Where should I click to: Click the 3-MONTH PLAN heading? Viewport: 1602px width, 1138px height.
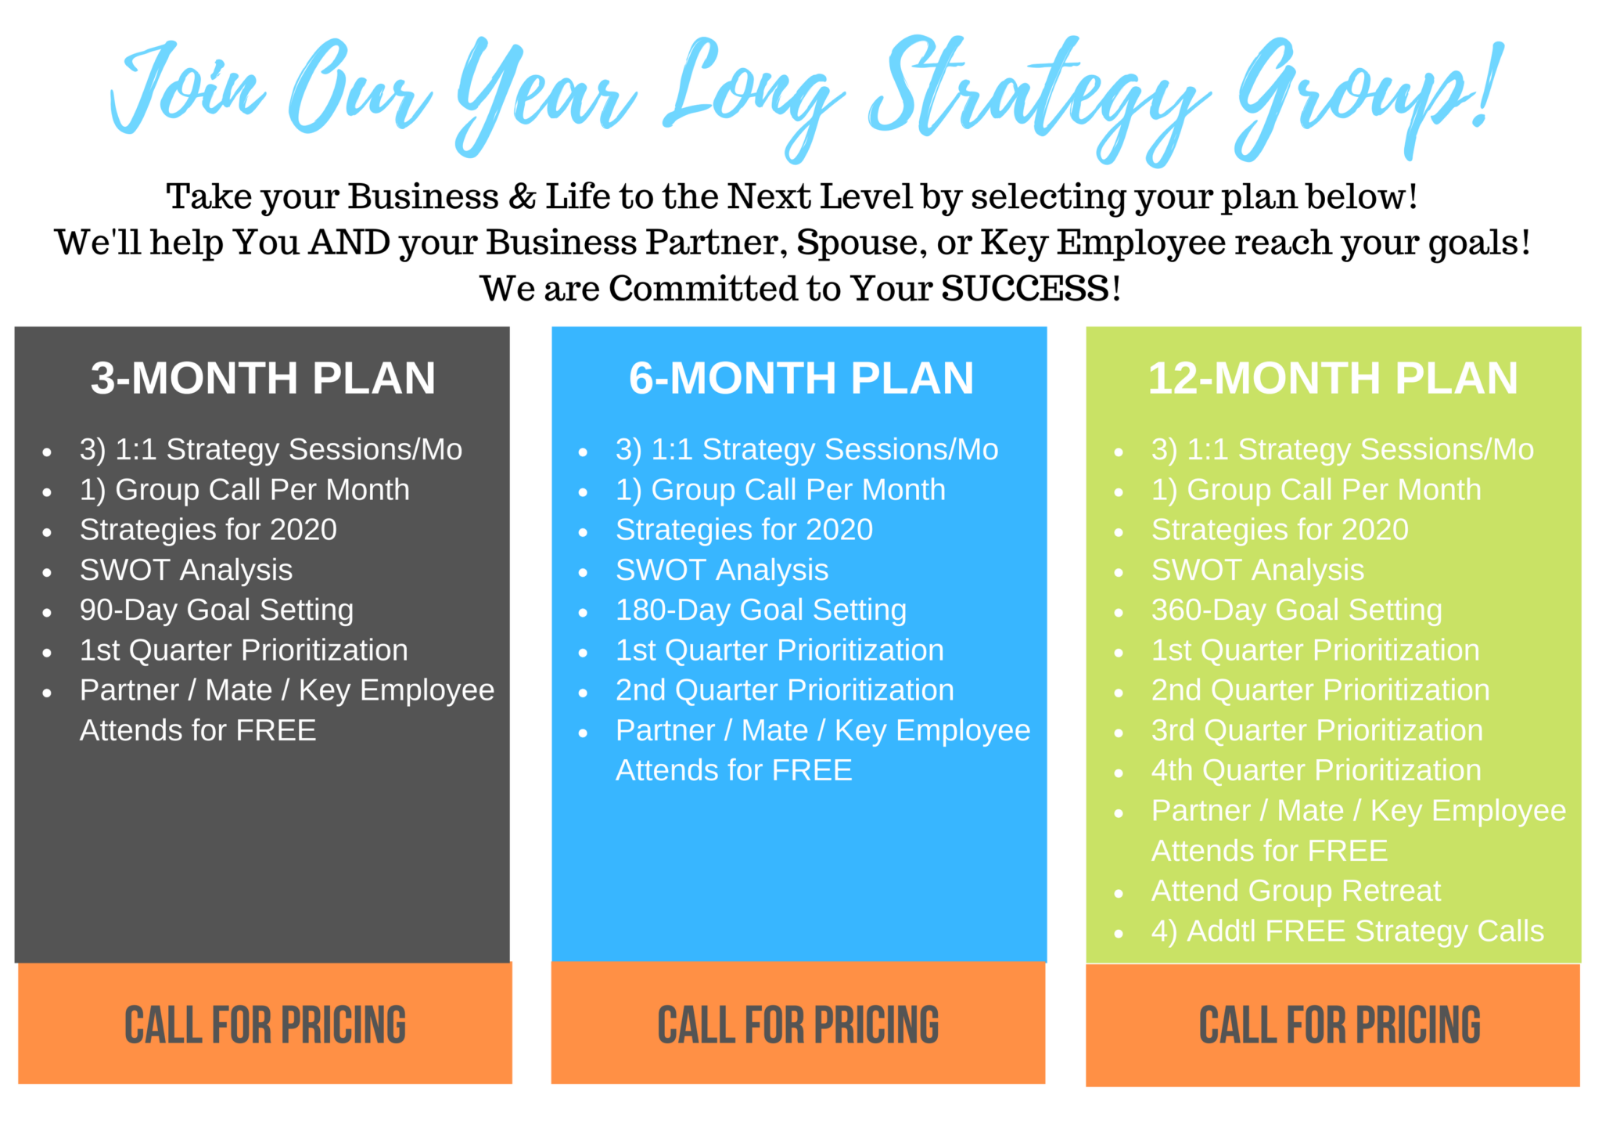coord(263,378)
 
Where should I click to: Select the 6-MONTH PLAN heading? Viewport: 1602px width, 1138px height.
coord(801,378)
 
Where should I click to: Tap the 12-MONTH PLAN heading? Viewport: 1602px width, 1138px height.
coord(1333,378)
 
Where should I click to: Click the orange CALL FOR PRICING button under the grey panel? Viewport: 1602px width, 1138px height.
coord(265,1024)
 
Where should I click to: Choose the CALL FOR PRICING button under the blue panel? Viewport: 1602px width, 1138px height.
coord(798,1024)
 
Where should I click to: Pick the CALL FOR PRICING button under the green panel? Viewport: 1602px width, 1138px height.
coord(1333,1025)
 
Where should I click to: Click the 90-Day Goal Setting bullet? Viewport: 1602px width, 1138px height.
coord(217,610)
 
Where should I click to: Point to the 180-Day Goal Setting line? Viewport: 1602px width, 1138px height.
coord(761,610)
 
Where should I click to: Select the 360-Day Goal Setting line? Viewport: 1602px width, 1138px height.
coord(1297,610)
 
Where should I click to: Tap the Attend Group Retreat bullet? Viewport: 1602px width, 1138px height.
coord(1296,891)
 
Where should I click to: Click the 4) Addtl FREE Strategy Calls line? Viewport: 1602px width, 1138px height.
coord(1348,931)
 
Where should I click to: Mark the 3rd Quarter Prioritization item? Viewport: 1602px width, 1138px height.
coord(1317,730)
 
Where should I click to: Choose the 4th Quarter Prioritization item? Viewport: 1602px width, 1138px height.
coord(1316,770)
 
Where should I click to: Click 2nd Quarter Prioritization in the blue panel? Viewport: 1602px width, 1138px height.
coord(785,690)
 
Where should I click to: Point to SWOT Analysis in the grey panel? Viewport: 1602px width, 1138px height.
coord(186,571)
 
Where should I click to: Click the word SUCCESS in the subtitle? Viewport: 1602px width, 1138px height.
coord(1025,289)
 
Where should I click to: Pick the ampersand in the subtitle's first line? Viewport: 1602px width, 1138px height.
coord(522,196)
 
